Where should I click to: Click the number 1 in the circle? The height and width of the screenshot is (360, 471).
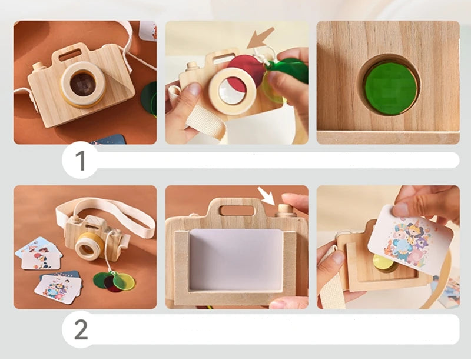coord(81,160)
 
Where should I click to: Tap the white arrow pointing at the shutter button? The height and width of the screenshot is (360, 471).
coord(267,196)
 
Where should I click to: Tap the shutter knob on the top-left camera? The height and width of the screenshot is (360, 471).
coord(39,66)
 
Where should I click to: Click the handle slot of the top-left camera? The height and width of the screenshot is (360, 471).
coord(70,55)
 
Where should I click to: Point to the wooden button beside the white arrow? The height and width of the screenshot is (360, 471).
coord(286,209)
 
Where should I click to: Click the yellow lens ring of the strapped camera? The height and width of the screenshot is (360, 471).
coord(89,244)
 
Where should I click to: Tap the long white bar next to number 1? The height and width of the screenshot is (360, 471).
coord(277,160)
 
